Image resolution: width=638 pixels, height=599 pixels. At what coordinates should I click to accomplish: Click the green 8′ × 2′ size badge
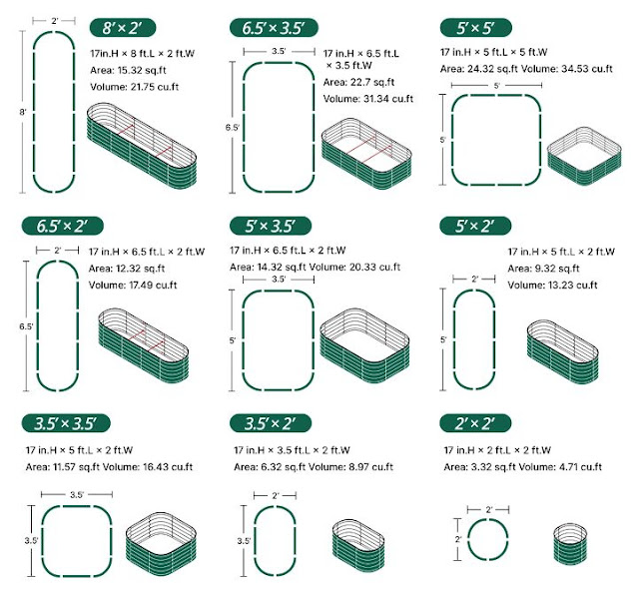click(123, 28)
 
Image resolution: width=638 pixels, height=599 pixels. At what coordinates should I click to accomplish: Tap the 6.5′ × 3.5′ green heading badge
click(274, 28)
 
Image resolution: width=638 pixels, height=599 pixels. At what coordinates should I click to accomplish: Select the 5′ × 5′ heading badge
click(475, 28)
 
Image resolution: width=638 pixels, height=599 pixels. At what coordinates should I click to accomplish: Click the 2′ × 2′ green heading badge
click(475, 423)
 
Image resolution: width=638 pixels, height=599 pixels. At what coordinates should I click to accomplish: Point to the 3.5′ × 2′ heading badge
click(271, 423)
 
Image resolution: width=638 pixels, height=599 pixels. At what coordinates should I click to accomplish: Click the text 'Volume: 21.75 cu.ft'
click(134, 87)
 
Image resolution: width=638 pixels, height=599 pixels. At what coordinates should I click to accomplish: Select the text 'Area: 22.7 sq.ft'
click(358, 82)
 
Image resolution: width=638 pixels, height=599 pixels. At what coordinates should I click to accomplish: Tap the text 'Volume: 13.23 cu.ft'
click(552, 285)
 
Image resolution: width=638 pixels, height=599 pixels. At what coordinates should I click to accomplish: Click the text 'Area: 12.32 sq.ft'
click(127, 269)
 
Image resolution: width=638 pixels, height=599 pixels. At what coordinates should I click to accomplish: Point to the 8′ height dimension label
click(23, 112)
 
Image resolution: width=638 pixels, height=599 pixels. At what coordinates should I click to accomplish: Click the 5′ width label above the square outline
click(496, 86)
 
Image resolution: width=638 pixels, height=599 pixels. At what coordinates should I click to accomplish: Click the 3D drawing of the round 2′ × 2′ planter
click(570, 544)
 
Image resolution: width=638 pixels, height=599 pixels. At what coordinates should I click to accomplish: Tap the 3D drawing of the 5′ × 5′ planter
click(584, 156)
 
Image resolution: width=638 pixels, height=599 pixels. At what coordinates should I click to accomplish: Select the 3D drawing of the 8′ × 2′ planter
click(141, 146)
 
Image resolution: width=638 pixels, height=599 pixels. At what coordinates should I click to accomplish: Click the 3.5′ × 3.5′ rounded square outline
click(42, 541)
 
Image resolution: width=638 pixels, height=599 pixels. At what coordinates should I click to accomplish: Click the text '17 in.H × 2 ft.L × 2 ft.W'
click(497, 450)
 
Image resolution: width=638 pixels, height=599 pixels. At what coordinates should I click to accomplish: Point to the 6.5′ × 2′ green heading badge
click(62, 226)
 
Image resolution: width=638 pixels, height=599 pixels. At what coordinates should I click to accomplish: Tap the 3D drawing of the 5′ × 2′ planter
click(563, 352)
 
